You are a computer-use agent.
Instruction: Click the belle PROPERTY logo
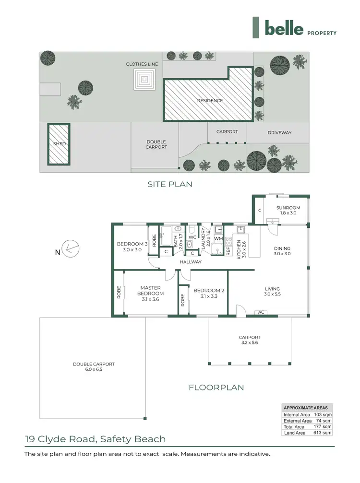tap(294, 27)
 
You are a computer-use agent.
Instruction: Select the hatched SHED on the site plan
tap(59, 144)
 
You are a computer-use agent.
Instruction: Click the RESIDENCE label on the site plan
tap(210, 101)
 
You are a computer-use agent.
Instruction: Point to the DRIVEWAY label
tap(279, 133)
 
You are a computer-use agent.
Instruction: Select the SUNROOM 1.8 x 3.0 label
tap(288, 210)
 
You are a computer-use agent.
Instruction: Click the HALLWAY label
tap(191, 262)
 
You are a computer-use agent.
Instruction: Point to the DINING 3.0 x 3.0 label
tap(282, 251)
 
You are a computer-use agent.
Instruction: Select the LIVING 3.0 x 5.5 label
tap(272, 292)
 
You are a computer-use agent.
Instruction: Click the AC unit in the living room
tap(261, 312)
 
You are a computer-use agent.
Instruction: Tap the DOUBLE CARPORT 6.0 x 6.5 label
tap(94, 367)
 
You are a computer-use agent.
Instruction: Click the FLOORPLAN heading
tap(216, 387)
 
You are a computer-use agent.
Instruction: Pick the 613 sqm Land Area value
tap(324, 433)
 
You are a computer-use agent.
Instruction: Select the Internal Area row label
tap(296, 414)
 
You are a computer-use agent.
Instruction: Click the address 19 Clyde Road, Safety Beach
tap(95, 439)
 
